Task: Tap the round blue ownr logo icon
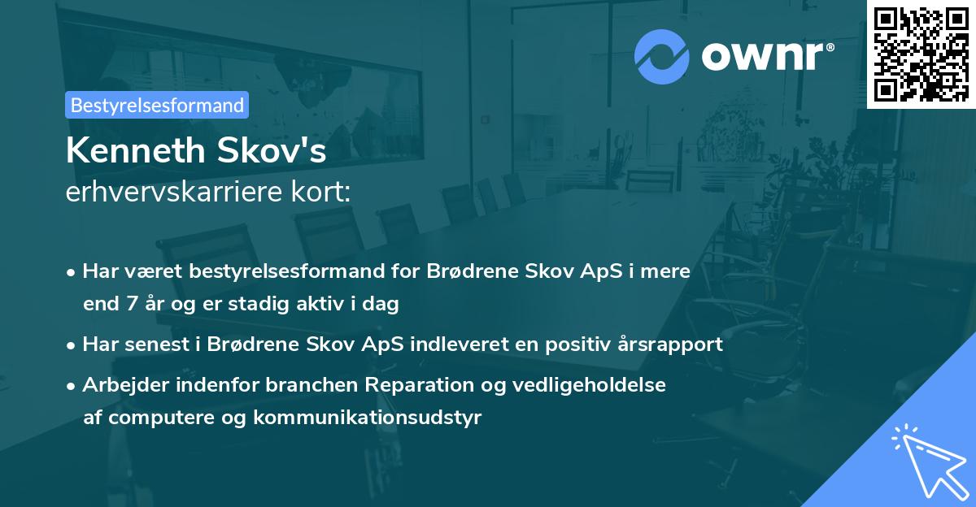point(662,55)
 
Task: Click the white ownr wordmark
point(767,56)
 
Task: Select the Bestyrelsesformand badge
point(157,105)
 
